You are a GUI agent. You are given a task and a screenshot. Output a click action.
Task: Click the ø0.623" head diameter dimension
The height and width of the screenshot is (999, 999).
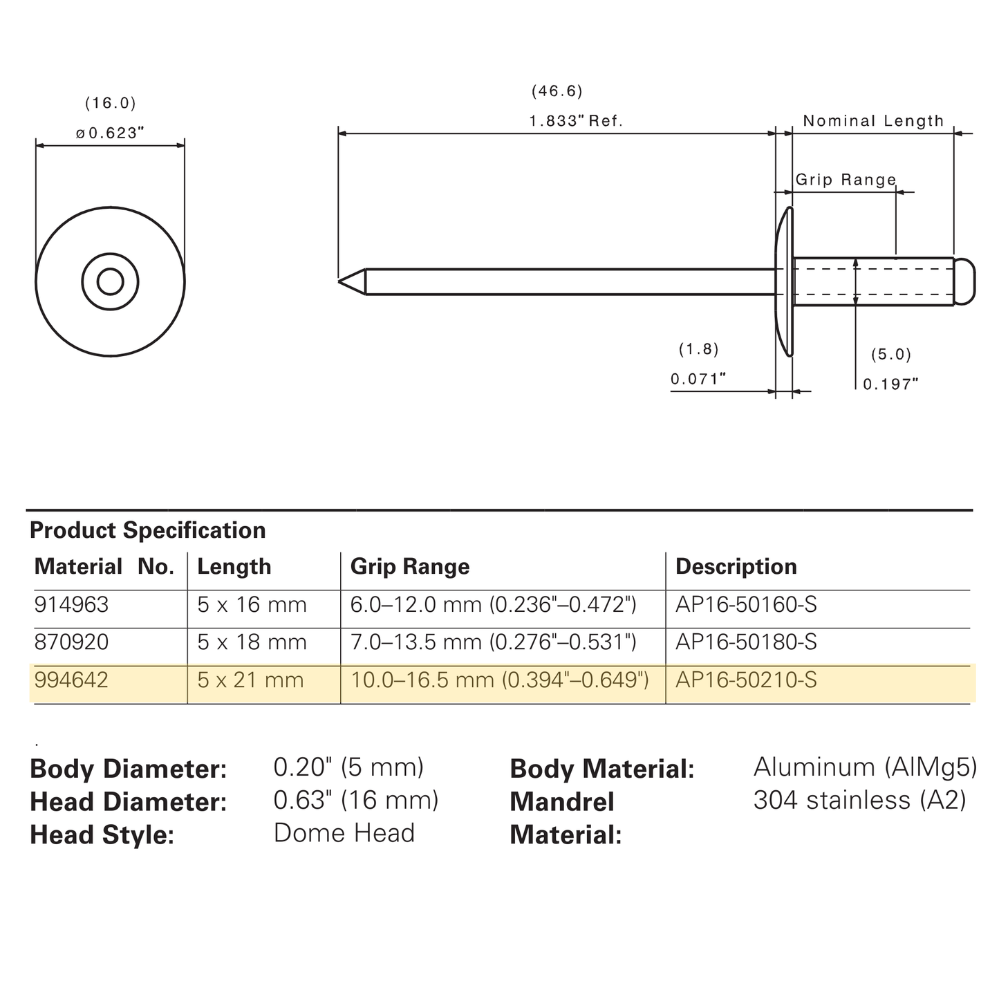click(110, 133)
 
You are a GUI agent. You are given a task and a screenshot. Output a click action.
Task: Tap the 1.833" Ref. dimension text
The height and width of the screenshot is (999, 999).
click(575, 121)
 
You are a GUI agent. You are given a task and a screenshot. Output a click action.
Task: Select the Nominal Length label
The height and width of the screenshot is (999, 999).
click(873, 121)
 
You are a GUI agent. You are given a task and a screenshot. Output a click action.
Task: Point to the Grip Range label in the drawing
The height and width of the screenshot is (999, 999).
click(846, 179)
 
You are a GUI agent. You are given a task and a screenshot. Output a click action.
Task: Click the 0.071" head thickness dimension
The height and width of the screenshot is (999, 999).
click(698, 379)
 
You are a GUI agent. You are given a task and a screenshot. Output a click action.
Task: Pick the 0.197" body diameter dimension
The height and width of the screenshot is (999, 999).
click(890, 384)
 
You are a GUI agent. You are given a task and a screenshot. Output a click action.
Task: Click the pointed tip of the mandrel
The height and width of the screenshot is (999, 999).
click(339, 281)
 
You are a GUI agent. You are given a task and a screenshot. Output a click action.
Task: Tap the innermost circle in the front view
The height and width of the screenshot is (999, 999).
click(110, 281)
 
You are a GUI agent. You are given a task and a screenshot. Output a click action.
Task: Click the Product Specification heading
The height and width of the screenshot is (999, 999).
click(148, 530)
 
